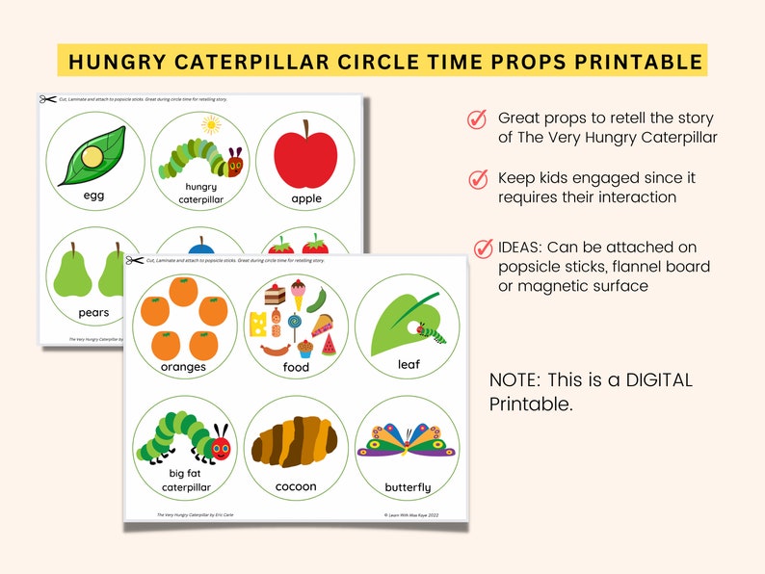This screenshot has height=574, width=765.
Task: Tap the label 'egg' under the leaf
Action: pyautogui.click(x=93, y=196)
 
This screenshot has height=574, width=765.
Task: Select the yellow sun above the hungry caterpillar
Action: pyautogui.click(x=212, y=124)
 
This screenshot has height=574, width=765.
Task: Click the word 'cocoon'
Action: pyautogui.click(x=296, y=486)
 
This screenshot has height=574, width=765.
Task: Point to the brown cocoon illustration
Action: pyautogui.click(x=294, y=442)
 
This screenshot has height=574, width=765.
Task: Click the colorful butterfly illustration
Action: pyautogui.click(x=407, y=440)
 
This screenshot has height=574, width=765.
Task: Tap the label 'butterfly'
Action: pyautogui.click(x=408, y=487)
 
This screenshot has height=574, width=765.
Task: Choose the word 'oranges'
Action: pyautogui.click(x=184, y=367)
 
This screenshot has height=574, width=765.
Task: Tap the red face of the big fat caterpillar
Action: pyautogui.click(x=222, y=448)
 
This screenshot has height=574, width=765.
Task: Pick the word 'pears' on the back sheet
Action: pyautogui.click(x=93, y=312)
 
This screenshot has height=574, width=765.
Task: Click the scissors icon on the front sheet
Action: pyautogui.click(x=134, y=260)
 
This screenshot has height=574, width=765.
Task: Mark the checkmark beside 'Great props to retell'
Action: pyautogui.click(x=477, y=118)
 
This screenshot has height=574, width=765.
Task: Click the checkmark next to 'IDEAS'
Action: pyautogui.click(x=484, y=248)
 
